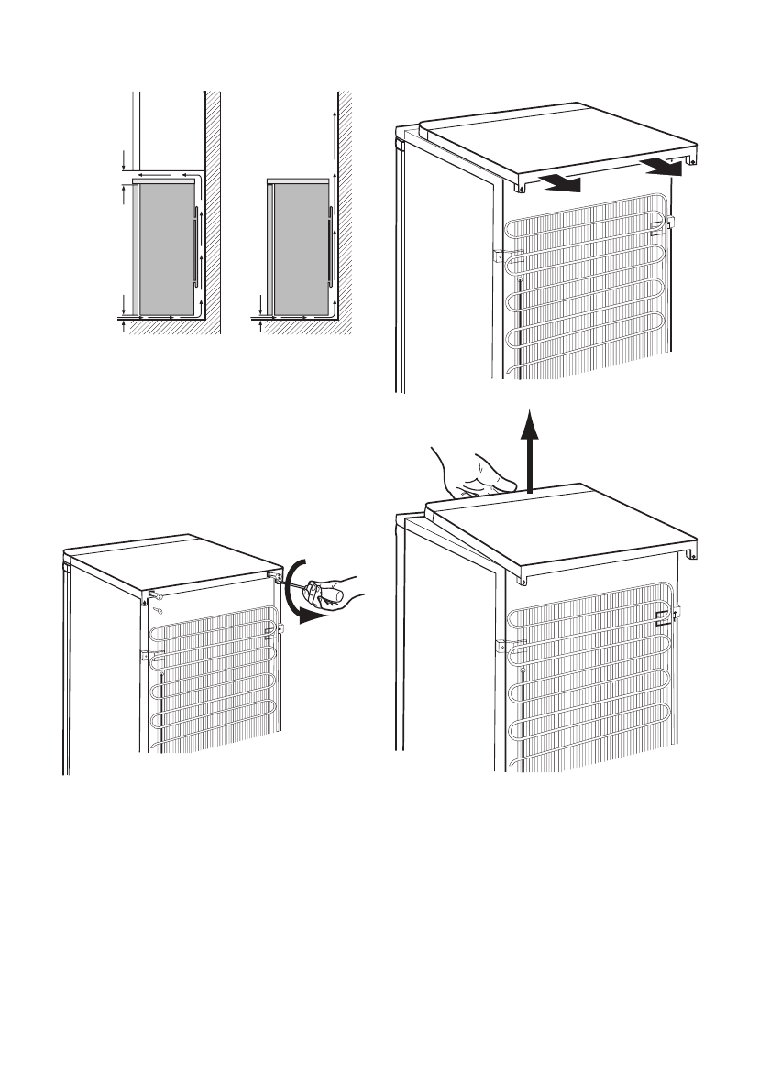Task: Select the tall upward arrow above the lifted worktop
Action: (x=528, y=449)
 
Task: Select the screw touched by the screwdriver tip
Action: (x=274, y=577)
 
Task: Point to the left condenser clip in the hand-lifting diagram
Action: (x=502, y=645)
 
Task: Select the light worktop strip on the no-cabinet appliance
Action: (x=299, y=181)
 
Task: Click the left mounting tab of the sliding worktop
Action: (x=520, y=186)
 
